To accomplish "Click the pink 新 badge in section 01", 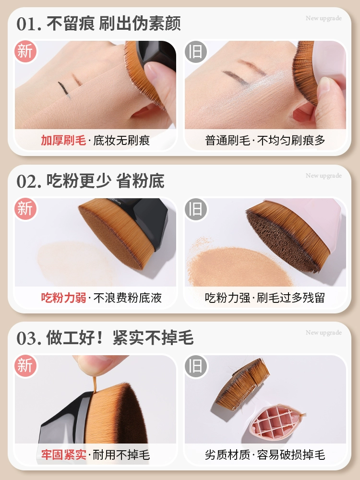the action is click(x=25, y=51).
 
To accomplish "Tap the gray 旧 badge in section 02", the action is click(x=196, y=209).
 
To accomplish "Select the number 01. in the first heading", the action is click(x=29, y=24).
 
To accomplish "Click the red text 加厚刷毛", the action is click(x=63, y=141).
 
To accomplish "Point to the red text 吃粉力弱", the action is click(x=63, y=298).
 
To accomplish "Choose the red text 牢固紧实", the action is click(x=63, y=455).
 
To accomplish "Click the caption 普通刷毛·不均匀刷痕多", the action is click(x=265, y=141).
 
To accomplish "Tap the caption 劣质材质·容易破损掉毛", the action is click(x=265, y=455).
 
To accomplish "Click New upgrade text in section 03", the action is click(x=324, y=333).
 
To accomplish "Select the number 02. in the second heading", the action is click(x=29, y=181).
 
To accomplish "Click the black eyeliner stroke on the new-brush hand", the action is click(x=64, y=89).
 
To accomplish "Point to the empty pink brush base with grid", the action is click(x=276, y=420).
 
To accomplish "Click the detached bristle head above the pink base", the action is click(x=242, y=384).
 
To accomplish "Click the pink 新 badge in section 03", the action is click(x=25, y=366).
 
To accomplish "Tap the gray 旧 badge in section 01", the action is click(x=196, y=51).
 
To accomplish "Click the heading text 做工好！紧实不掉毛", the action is click(x=120, y=338).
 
